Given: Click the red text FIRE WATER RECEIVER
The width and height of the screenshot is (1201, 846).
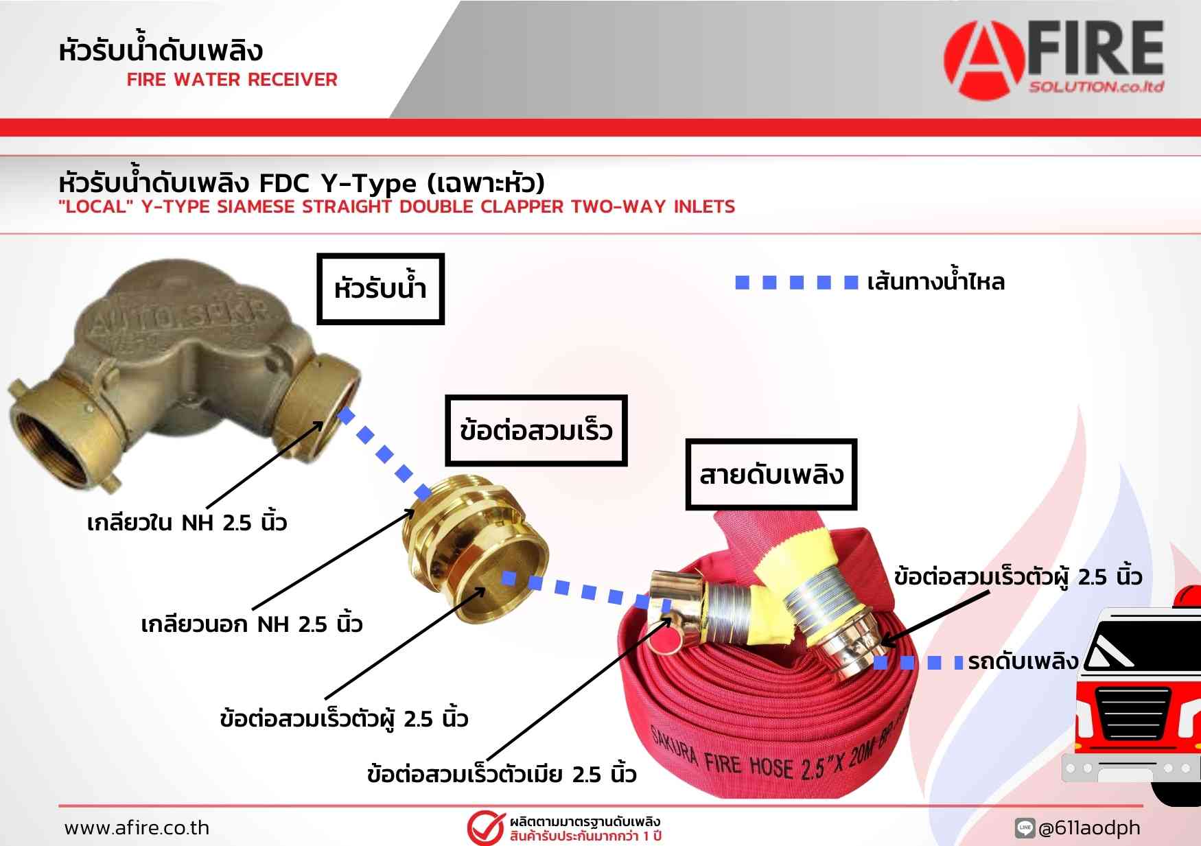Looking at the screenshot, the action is point(232,80).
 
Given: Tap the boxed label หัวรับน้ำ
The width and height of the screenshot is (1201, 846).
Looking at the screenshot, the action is point(380,289).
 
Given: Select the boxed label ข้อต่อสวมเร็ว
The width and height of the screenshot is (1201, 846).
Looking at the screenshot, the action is point(536,431).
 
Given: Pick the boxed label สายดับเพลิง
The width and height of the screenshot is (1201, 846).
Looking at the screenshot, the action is point(771,475).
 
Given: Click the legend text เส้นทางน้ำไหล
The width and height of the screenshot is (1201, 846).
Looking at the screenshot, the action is point(935,281).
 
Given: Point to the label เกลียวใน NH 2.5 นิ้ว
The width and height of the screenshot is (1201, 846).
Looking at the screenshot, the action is point(187,522).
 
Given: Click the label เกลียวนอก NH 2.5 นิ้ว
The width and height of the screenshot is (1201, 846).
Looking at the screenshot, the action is point(251,624).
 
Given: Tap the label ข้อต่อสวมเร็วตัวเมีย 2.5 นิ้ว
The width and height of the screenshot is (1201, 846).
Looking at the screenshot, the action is point(502,774).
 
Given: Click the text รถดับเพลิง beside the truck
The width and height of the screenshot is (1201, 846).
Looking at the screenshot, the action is point(1023,661).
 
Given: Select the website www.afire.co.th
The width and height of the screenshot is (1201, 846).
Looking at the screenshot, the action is point(137,827).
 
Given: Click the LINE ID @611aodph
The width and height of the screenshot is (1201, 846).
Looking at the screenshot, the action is point(1089,828).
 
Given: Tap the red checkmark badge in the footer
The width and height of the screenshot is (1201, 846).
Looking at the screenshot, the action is point(486,827).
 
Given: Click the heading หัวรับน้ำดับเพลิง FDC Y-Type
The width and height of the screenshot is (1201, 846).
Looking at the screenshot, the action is point(301,183).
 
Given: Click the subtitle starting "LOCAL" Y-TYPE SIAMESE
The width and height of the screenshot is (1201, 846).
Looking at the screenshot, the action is point(397,207).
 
